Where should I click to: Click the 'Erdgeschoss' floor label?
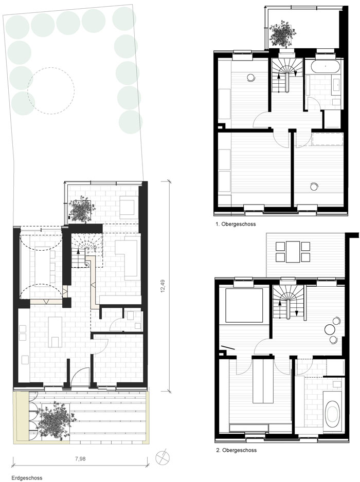tap(27, 478)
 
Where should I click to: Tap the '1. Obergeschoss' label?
tap(236, 224)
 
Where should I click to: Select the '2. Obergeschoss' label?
tap(236, 450)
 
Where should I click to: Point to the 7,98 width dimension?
tap(80, 459)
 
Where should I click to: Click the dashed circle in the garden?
tap(51, 90)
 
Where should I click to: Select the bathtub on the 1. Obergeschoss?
tap(325, 66)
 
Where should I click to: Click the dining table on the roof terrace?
tap(293, 252)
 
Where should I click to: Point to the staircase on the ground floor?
tap(85, 252)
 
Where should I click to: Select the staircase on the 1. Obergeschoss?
tap(287, 76)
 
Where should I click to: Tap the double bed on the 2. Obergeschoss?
tap(244, 305)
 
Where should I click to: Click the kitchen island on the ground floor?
tap(55, 332)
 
